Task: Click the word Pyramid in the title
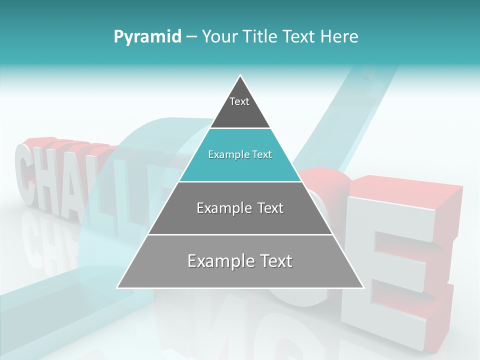147,37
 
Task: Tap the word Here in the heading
339,37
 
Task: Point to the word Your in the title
219,37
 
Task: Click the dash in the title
191,37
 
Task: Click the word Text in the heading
299,37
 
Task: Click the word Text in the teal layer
262,155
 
